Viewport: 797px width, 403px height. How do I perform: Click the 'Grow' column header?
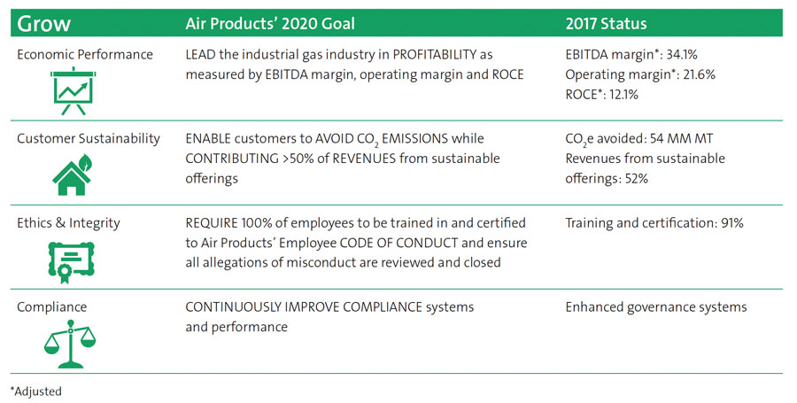[43, 24]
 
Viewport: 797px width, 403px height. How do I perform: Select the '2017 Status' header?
[606, 24]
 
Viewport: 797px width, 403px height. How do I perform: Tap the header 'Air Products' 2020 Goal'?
[270, 24]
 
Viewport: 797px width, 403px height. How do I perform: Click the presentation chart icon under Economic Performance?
[74, 91]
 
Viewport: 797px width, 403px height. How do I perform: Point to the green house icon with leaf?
[73, 174]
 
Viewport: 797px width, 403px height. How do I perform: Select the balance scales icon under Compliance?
[70, 344]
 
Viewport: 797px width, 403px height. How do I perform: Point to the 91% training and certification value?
[732, 222]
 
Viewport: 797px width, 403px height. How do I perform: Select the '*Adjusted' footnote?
[36, 391]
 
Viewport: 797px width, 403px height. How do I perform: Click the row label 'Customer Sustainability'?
[89, 139]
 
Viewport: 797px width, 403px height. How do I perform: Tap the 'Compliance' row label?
[52, 307]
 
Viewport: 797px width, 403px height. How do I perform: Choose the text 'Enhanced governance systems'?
[656, 307]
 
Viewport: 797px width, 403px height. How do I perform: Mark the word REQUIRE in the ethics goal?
[212, 223]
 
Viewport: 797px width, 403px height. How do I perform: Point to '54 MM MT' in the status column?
[681, 139]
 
